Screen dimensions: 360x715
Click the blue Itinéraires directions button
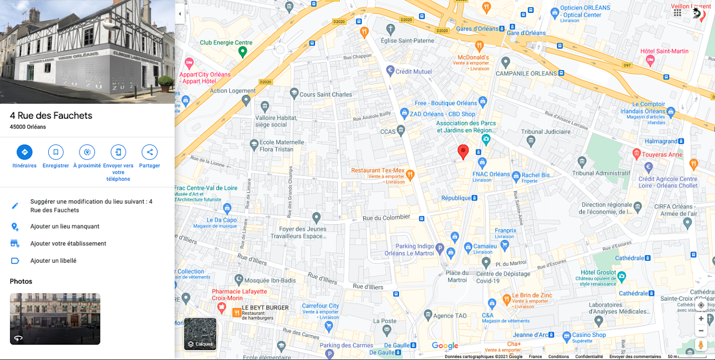point(24,152)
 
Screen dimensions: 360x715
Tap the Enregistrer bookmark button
point(56,152)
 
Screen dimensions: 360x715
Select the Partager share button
point(150,152)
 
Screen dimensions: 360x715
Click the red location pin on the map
point(463,151)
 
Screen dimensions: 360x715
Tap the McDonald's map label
point(474,58)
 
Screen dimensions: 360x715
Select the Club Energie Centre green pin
point(242,51)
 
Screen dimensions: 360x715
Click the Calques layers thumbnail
point(200,334)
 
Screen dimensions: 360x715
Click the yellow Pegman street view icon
point(701,345)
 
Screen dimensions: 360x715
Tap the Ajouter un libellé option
point(53,261)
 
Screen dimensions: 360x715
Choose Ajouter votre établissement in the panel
point(68,243)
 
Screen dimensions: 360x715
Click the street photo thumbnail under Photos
point(55,319)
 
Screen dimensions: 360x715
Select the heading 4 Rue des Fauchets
point(51,116)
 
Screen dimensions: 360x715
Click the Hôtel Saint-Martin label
point(664,51)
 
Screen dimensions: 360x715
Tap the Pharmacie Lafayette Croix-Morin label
point(239,295)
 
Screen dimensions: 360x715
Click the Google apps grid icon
point(677,13)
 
